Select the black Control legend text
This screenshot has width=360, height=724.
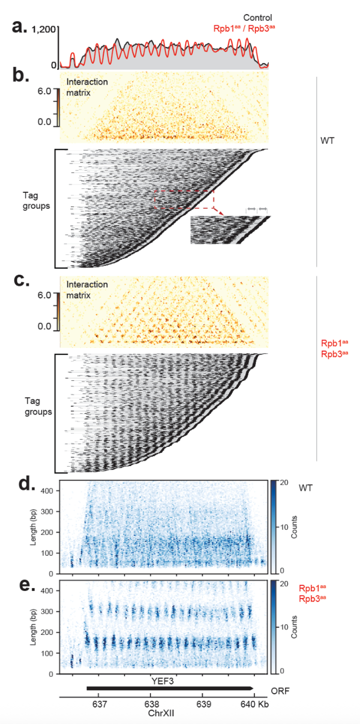click(257, 17)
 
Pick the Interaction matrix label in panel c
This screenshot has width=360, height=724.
click(87, 289)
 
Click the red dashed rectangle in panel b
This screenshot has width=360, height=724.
click(184, 199)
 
